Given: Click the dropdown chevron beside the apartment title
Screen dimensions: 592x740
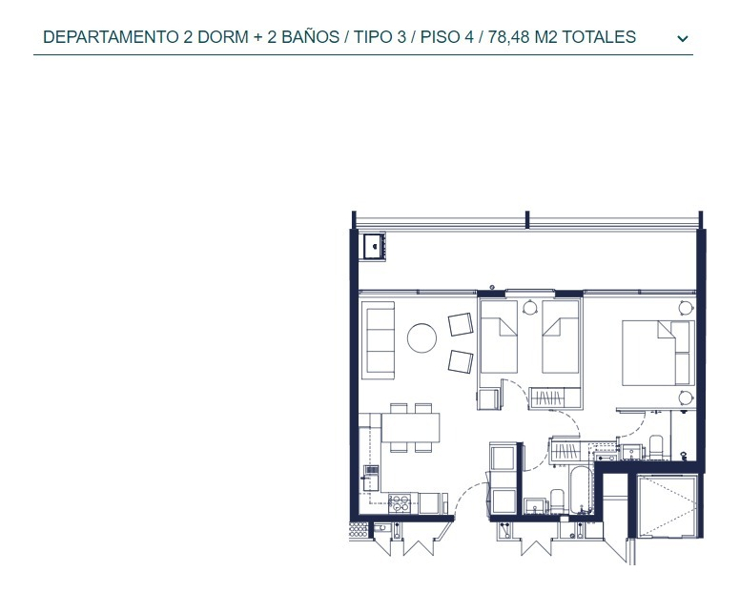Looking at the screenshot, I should (682, 39).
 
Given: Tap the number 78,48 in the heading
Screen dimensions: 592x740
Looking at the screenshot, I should (510, 38).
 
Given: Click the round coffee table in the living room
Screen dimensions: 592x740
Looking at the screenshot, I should (421, 337).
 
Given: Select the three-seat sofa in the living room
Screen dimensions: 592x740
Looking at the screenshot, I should (380, 338).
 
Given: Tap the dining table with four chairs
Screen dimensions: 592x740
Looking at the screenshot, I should (411, 427).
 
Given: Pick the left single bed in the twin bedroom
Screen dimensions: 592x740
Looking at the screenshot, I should (498, 338).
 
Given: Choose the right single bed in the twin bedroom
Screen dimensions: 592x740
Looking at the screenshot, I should (561, 338).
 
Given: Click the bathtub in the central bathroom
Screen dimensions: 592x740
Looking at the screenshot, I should (581, 491).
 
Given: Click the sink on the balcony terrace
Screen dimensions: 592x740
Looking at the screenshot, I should (373, 247).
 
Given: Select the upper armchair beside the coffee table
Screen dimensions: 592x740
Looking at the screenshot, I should (461, 325).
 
